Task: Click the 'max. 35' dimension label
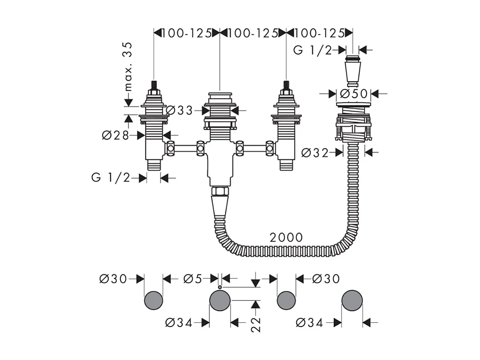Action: [x=129, y=66]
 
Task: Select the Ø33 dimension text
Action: [x=179, y=110]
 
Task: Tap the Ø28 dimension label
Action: [x=115, y=135]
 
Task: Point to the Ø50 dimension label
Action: [x=354, y=94]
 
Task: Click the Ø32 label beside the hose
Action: [x=315, y=152]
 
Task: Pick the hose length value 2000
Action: [x=286, y=237]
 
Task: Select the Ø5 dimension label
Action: [x=193, y=279]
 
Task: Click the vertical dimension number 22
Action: [x=256, y=325]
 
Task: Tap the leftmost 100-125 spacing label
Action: [x=187, y=33]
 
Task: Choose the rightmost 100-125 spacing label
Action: [x=320, y=33]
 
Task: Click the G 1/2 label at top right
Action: [x=313, y=50]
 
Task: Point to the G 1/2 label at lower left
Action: [x=111, y=178]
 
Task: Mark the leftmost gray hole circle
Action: [x=153, y=300]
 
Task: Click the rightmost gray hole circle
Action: [x=352, y=301]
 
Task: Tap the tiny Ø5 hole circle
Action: [x=220, y=287]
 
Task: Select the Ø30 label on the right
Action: [x=326, y=279]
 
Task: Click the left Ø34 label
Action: [x=179, y=322]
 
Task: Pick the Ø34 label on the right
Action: [x=310, y=322]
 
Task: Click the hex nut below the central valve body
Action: [x=220, y=192]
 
